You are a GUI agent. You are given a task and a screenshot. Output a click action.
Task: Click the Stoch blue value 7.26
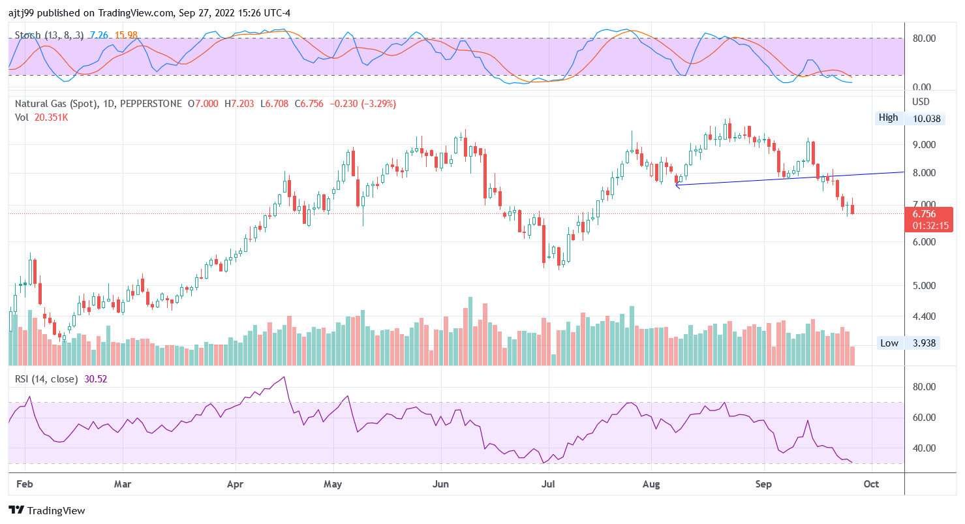pyautogui.click(x=99, y=35)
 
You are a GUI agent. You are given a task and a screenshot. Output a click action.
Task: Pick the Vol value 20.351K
pyautogui.click(x=50, y=117)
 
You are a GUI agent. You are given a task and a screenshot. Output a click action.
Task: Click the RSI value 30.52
pyautogui.click(x=96, y=378)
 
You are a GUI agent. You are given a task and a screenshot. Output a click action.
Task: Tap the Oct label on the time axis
pyautogui.click(x=871, y=484)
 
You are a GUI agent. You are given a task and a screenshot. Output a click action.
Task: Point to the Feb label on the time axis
pyautogui.click(x=25, y=484)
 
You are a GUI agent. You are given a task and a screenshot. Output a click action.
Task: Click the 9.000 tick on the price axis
pyautogui.click(x=923, y=145)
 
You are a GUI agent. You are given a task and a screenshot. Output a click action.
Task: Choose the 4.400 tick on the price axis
pyautogui.click(x=923, y=316)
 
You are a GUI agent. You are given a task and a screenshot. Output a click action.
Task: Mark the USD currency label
pyautogui.click(x=921, y=102)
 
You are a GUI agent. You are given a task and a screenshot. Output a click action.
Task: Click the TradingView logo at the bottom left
pyautogui.click(x=46, y=510)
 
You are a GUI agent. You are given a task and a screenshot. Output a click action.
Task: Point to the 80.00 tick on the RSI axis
pyautogui.click(x=923, y=387)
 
